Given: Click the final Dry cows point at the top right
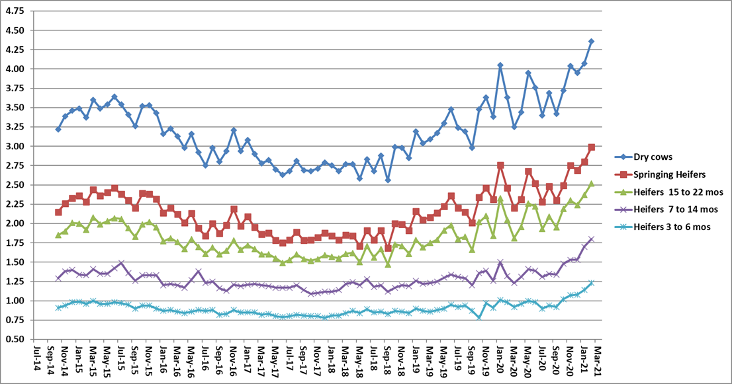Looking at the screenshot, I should point(591,42).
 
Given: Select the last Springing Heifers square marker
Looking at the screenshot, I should point(591,147).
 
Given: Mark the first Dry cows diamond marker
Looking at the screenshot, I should point(58,130).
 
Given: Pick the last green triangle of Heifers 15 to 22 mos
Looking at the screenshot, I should point(591,183).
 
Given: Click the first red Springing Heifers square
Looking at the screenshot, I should point(58,212).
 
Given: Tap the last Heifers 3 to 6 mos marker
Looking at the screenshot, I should point(591,283).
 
